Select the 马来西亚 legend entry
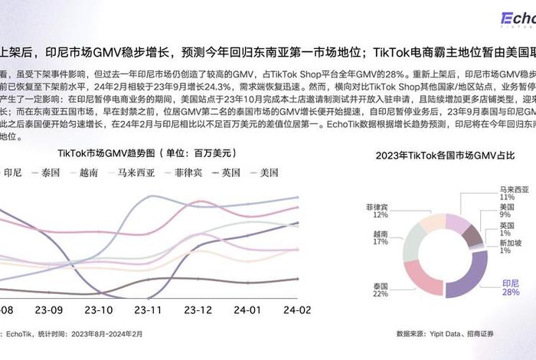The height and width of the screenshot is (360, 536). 136,172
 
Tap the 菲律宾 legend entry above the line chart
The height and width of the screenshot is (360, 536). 188,172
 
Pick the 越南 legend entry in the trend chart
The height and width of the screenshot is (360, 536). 88,172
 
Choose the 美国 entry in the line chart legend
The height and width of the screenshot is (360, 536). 269,172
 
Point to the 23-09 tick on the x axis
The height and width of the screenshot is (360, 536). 48,310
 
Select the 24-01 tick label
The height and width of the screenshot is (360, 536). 247,310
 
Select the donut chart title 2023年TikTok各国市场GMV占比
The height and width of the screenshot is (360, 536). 445,155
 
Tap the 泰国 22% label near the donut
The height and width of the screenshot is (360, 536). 380,290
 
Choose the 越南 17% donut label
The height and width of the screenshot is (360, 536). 380,237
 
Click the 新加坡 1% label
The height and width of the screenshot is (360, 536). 510,246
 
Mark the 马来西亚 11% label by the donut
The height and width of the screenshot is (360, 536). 513,192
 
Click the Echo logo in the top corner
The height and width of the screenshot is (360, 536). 517,18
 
